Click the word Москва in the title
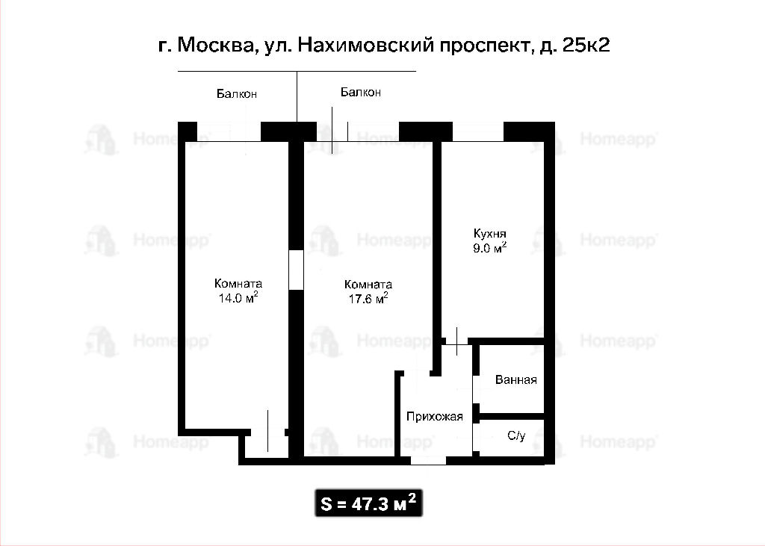[x=215, y=46]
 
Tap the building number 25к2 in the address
[x=586, y=45]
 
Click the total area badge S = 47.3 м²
[x=368, y=503]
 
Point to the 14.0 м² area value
[x=238, y=297]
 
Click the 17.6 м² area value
[x=368, y=298]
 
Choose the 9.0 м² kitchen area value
[x=489, y=247]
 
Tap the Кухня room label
[x=489, y=234]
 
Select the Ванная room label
[x=515, y=379]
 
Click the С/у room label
[x=516, y=435]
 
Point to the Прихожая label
[x=434, y=417]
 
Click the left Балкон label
[x=237, y=93]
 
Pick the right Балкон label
[x=361, y=92]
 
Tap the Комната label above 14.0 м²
[x=238, y=284]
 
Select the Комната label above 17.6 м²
[x=368, y=285]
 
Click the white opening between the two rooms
[x=296, y=270]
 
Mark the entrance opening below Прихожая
[x=428, y=460]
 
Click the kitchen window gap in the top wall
[x=478, y=131]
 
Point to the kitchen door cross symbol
[x=456, y=341]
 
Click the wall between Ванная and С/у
[x=512, y=416]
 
